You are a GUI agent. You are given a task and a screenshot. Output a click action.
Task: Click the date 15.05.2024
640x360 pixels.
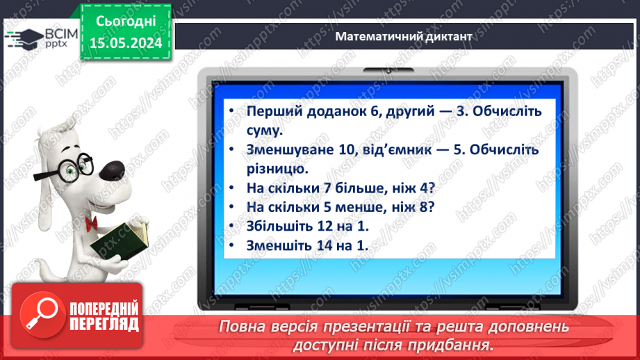[x=125, y=42]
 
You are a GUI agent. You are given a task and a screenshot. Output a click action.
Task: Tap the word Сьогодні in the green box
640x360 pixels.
[x=125, y=22]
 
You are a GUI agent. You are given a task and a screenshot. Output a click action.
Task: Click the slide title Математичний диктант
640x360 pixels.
[x=403, y=36]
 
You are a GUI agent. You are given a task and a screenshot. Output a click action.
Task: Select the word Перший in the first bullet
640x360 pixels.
[x=270, y=111]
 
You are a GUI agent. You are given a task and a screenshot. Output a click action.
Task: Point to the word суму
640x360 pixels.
[x=265, y=130]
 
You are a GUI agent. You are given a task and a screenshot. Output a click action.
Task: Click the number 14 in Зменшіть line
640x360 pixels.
[x=320, y=245]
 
